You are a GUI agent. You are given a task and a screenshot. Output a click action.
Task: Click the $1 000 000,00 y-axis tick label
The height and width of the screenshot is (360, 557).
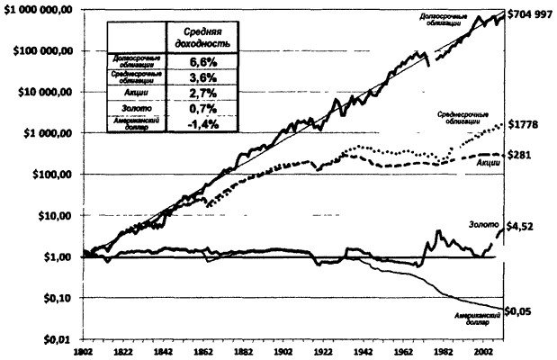coord(39,10)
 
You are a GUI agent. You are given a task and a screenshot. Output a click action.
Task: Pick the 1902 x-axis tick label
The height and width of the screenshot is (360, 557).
coord(283,353)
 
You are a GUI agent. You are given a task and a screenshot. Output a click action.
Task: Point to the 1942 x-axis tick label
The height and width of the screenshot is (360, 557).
coord(363,353)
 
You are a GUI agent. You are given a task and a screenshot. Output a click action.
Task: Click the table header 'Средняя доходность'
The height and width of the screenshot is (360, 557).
coord(197,38)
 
